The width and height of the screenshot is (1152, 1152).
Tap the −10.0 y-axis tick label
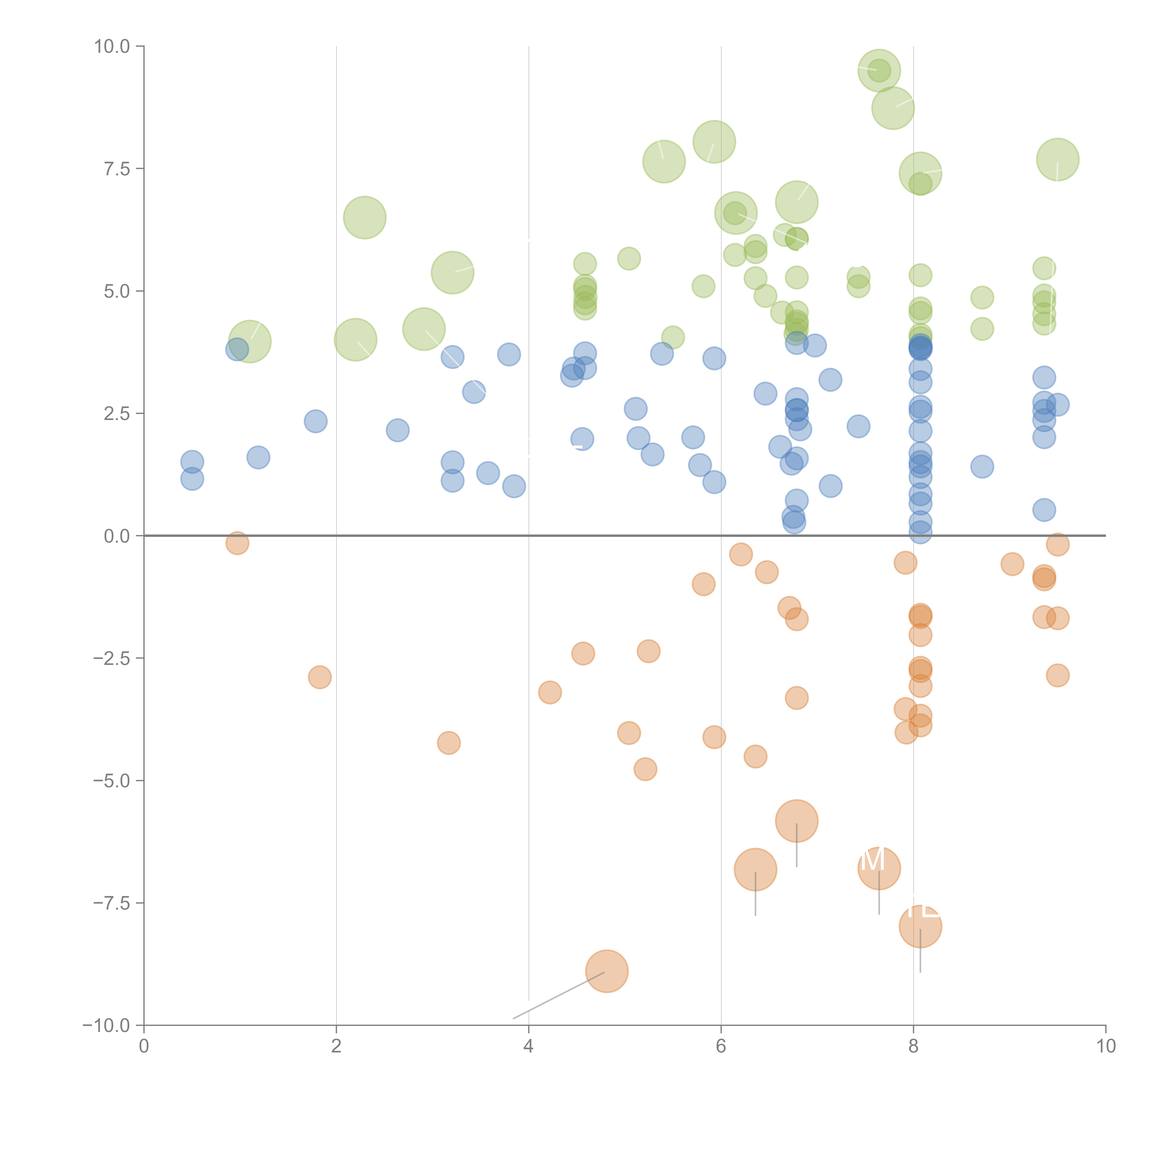107,1026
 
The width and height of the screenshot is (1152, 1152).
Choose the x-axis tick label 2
336,1046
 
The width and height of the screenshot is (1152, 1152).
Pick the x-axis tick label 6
721,1046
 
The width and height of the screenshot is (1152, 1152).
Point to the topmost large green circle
879,70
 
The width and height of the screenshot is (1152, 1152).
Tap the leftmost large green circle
250,341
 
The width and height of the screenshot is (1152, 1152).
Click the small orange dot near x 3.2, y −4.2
448,743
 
